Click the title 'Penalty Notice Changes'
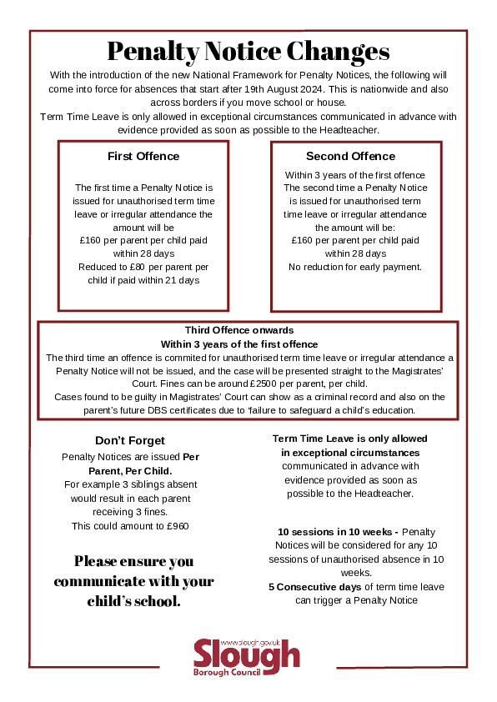pos(248,52)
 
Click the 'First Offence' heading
pos(143,156)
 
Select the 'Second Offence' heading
pos(350,156)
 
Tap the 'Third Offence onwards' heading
pos(238,330)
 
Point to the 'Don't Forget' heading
pos(130,440)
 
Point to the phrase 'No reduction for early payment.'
pos(355,267)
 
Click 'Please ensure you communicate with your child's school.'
pos(133,580)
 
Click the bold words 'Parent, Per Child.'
pos(130,470)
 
